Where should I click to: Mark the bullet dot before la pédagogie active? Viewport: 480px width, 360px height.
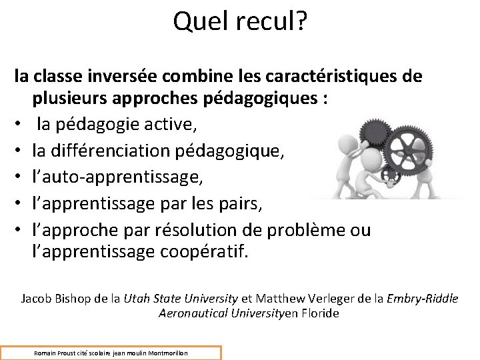pos(20,125)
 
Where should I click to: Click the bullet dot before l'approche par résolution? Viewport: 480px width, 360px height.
pos(20,230)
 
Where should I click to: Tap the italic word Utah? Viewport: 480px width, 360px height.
pos(137,299)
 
